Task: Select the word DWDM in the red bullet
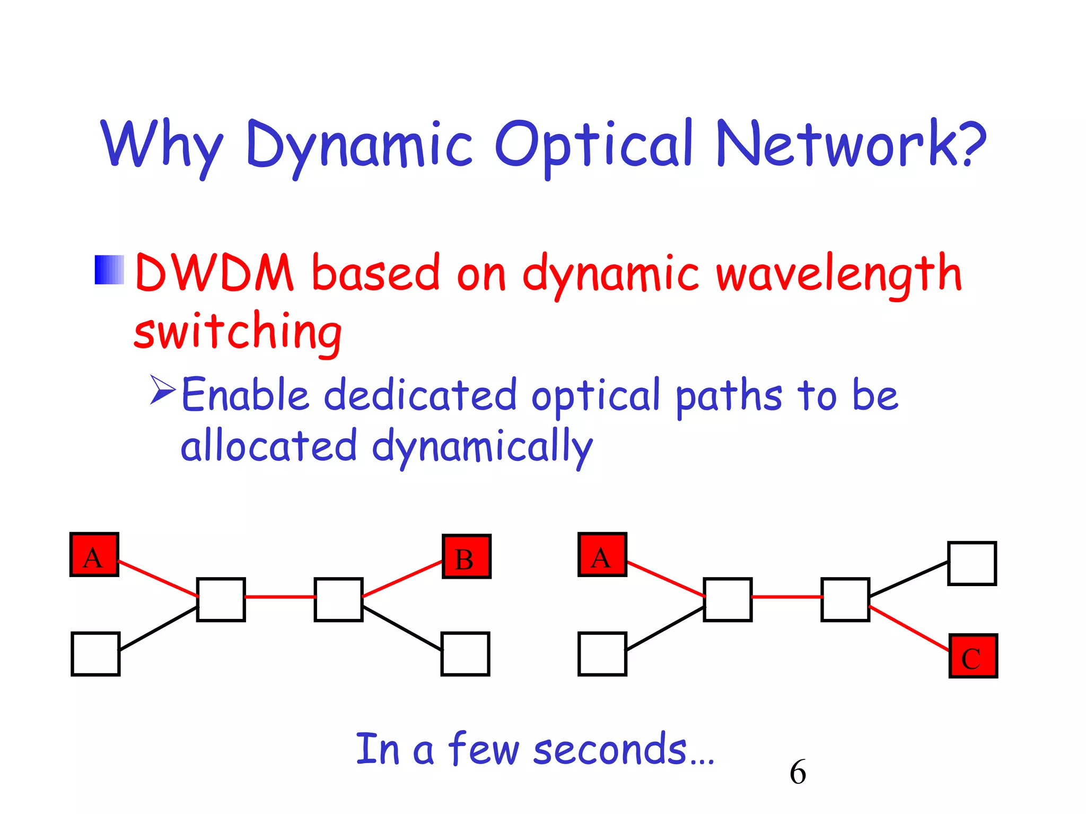click(x=214, y=272)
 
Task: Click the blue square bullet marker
click(x=109, y=270)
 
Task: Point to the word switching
click(x=238, y=331)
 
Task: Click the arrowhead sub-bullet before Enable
click(x=162, y=390)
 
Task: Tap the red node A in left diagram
click(x=94, y=555)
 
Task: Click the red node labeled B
click(x=466, y=557)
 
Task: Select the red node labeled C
click(x=973, y=656)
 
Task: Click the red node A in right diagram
click(x=602, y=555)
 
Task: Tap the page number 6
click(x=797, y=772)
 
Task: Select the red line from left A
click(x=157, y=579)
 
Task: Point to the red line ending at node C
click(x=909, y=629)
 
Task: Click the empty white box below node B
click(x=465, y=654)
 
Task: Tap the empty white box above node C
click(x=971, y=563)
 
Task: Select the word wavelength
click(x=839, y=273)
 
